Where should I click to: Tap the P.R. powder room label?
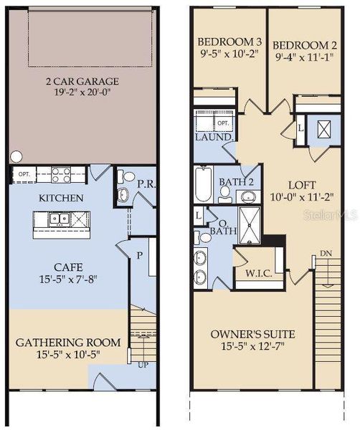pyautogui.click(x=146, y=183)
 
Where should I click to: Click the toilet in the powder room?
pyautogui.click(x=128, y=176)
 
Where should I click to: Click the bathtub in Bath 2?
pyautogui.click(x=204, y=184)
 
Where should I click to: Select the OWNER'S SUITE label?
pyautogui.click(x=253, y=334)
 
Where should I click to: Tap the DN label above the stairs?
pyautogui.click(x=326, y=253)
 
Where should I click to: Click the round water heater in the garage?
pyautogui.click(x=16, y=156)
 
